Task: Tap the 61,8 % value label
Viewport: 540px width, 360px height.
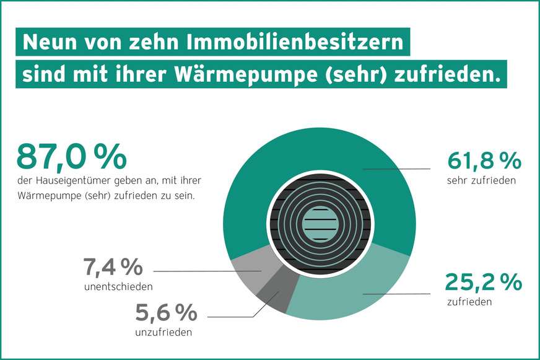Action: (x=484, y=162)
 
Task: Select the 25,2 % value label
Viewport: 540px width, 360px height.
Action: (x=484, y=283)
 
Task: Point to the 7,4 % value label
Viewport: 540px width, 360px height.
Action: (x=113, y=268)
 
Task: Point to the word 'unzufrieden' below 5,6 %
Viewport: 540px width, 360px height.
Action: (x=163, y=332)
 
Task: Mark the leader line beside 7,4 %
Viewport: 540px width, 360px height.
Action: (x=204, y=271)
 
